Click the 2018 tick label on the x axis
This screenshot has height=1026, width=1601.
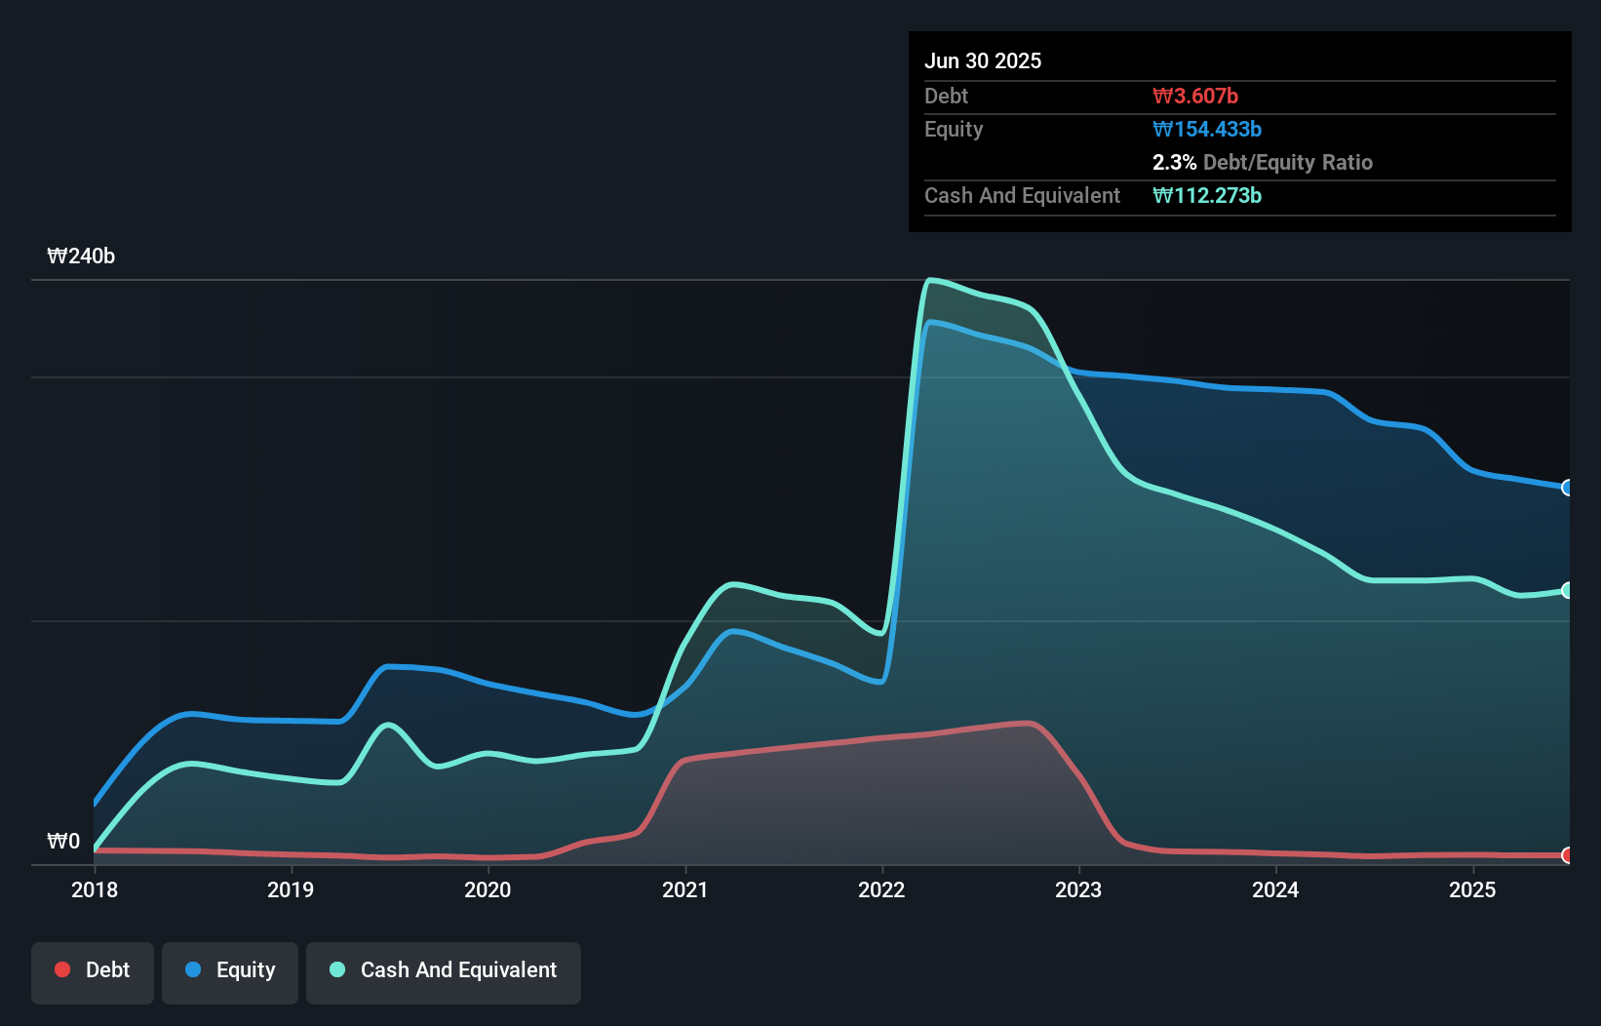click(95, 889)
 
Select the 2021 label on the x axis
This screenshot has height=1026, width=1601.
click(684, 889)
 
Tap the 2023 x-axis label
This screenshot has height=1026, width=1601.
click(1078, 889)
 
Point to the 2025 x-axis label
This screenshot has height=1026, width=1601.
click(1472, 889)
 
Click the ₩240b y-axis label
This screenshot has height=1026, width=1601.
click(81, 256)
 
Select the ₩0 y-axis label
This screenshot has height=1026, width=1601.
click(63, 841)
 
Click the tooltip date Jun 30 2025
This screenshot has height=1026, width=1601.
click(983, 60)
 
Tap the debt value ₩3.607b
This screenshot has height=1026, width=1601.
click(1195, 96)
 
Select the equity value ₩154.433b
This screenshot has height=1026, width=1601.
click(1207, 129)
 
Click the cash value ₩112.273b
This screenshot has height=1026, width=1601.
click(1207, 195)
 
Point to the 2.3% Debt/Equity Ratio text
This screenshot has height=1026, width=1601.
click(1262, 162)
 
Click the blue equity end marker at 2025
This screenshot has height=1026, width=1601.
click(1568, 488)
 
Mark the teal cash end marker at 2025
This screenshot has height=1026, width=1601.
click(1568, 590)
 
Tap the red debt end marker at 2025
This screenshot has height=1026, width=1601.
click(1568, 855)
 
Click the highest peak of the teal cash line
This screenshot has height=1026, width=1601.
click(931, 281)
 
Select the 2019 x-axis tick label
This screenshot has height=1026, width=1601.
click(291, 889)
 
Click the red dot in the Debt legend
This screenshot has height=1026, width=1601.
click(62, 969)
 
